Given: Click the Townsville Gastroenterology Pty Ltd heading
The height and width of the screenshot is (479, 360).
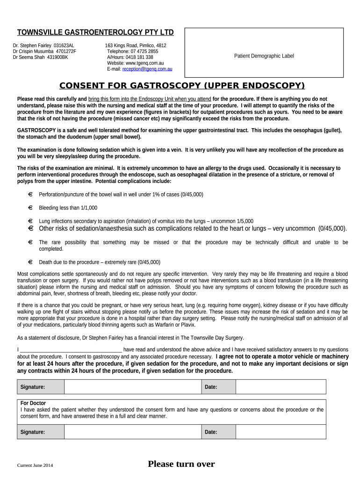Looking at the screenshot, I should pos(95,32).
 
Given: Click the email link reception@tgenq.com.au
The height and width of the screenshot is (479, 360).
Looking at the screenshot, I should pos(147,69).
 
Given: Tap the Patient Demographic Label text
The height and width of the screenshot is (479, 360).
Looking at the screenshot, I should pos(264,56).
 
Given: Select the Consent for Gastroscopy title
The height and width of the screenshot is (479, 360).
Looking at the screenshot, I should pos(182,86).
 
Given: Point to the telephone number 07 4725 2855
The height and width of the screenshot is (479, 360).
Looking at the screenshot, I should pos(144,51).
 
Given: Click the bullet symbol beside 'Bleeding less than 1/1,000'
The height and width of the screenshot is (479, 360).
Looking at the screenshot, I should pos(30,208).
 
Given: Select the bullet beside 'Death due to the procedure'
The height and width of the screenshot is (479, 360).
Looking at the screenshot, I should pos(30,262).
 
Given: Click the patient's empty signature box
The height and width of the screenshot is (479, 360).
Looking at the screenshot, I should pos(133,387).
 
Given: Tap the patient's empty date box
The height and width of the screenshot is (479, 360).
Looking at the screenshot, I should pos(281,387).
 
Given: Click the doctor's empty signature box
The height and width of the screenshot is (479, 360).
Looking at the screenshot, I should pos(133,432).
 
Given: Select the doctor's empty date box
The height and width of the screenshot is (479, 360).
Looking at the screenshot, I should pos(281,432).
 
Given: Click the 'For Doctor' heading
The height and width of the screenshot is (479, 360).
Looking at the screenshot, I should pos(33,403).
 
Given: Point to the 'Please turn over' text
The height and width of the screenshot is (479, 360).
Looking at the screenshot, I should pos(181,464).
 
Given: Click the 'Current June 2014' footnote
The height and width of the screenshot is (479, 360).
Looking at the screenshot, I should pos(35,465).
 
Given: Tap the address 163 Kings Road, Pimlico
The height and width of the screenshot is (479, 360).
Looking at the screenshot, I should pos(135,46).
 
